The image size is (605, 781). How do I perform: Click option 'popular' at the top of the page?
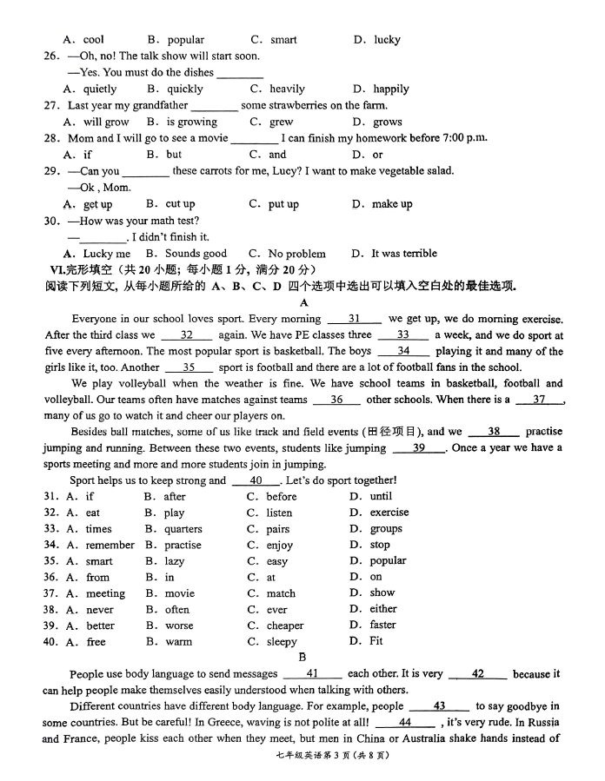(x=185, y=40)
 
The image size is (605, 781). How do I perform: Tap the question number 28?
(x=51, y=138)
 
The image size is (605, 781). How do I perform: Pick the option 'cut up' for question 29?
(x=181, y=204)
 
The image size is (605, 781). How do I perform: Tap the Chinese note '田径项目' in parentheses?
(x=392, y=432)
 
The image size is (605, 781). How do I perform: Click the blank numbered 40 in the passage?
(x=256, y=480)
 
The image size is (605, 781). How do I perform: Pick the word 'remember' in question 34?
(x=110, y=546)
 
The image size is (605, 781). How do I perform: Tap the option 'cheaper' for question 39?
(x=286, y=625)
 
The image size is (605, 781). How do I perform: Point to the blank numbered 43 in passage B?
(x=439, y=706)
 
